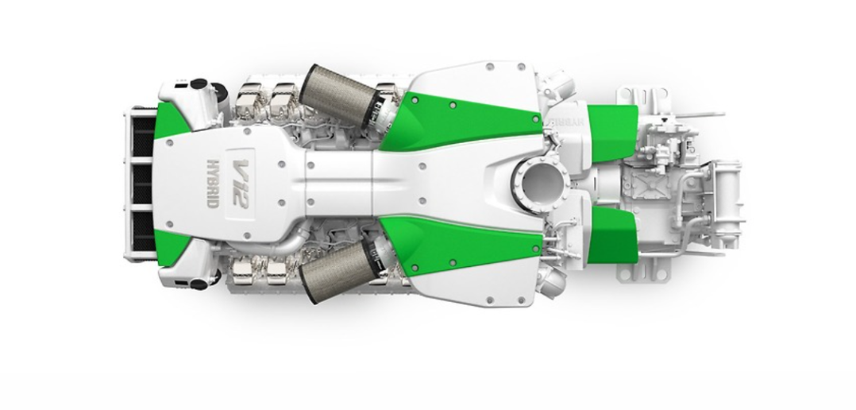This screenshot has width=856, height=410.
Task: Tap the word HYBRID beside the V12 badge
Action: coord(213,184)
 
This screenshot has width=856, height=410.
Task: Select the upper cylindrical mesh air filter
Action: coord(334,94)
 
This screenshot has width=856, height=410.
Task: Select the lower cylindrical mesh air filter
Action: coord(334,273)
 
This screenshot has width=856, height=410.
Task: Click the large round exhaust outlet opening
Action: coord(542,181)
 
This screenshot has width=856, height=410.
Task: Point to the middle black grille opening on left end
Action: coord(141,184)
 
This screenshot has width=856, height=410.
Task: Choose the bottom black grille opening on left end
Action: coord(141,229)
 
